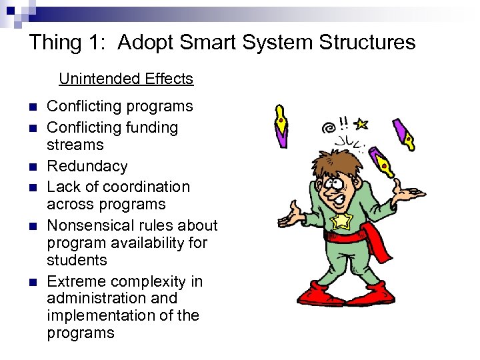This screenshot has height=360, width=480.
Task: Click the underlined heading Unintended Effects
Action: click(x=126, y=79)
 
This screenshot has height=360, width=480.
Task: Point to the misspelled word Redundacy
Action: click(x=87, y=166)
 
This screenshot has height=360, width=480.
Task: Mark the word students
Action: click(x=77, y=260)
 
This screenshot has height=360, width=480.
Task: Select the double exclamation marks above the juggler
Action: click(x=344, y=123)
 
